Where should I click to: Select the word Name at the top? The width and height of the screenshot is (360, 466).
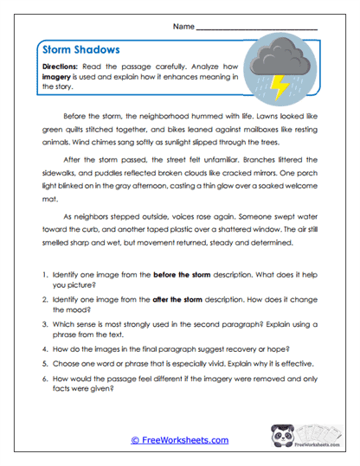183,27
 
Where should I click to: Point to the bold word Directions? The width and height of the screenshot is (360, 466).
65,66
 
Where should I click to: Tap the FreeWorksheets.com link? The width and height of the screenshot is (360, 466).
180,440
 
